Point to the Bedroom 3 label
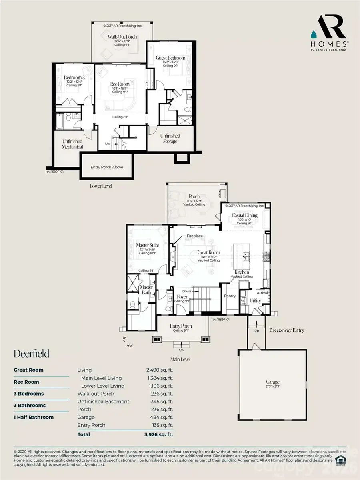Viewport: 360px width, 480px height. pos(75,77)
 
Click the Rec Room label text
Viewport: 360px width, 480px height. pos(119,84)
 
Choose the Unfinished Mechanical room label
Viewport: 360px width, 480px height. pos(72,144)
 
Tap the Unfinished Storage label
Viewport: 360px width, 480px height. pos(170,138)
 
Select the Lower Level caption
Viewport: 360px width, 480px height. pos(101,186)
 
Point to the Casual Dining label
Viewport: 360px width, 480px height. pos(244,216)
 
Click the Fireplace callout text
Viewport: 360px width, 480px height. pos(195,236)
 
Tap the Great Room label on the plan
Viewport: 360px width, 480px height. pos(209,252)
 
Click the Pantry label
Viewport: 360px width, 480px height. pos(230,296)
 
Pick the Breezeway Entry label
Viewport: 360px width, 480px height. pos(287,330)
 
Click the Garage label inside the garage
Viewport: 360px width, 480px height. pos(273,382)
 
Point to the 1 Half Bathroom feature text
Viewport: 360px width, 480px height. pos(34,417)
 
